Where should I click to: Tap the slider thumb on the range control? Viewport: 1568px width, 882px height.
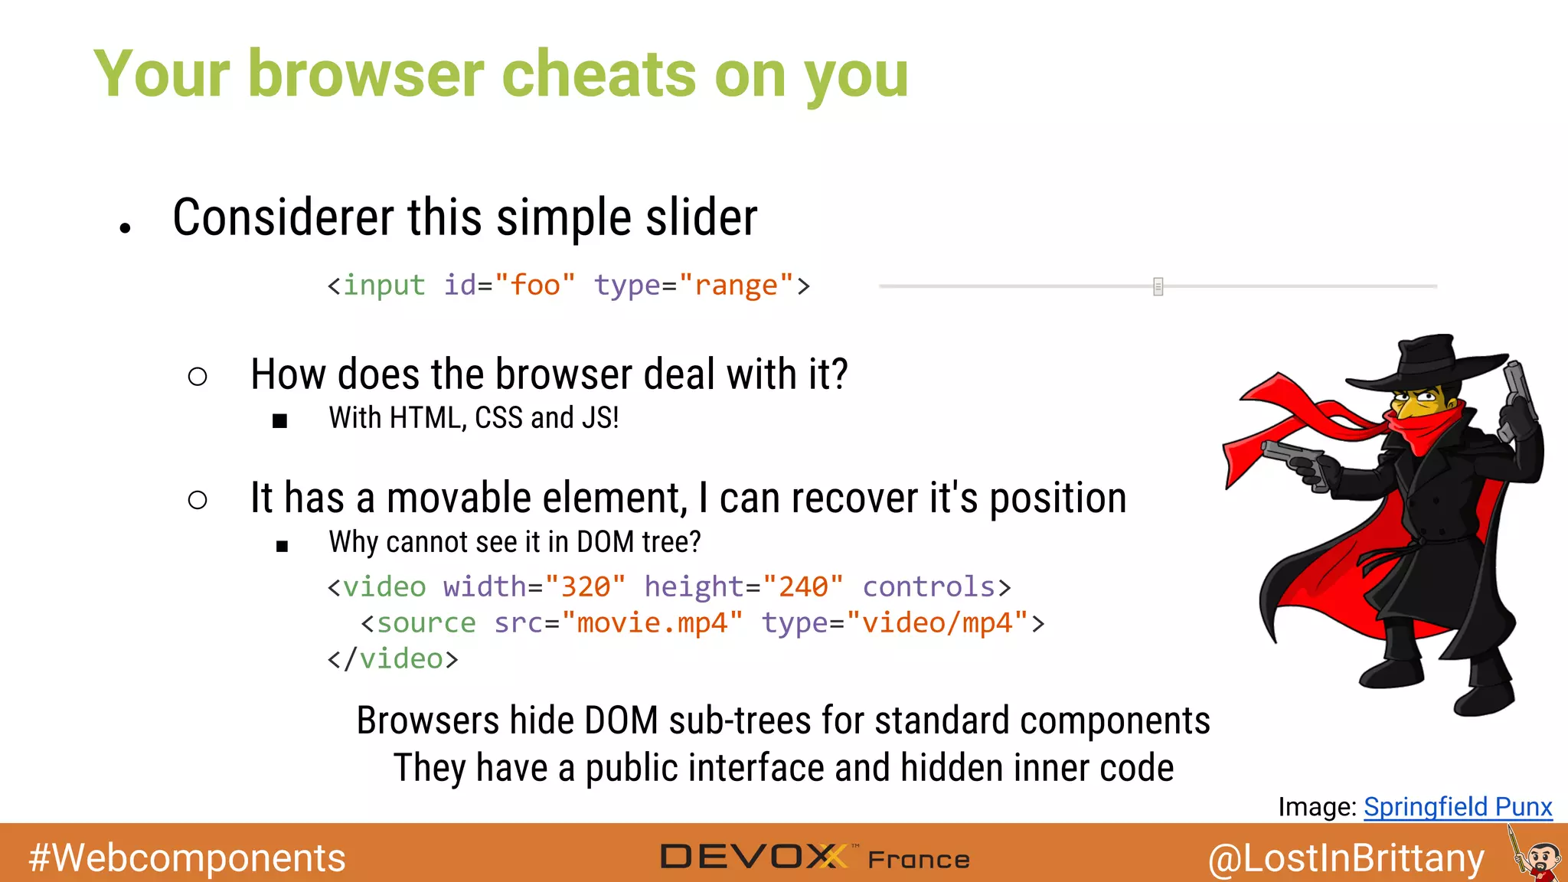point(1158,286)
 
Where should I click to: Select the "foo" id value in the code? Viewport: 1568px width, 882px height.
point(534,285)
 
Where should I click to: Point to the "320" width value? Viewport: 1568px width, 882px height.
point(586,586)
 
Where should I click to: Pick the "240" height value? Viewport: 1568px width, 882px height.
point(803,586)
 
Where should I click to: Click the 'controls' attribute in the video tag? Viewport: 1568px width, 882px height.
point(929,586)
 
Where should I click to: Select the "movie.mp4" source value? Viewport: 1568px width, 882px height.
point(652,622)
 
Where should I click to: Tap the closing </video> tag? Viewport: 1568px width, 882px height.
point(393,658)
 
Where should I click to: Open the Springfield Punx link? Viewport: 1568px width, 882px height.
point(1458,806)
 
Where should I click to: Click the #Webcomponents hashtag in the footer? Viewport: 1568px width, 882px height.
point(188,857)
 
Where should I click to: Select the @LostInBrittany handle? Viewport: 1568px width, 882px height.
point(1346,857)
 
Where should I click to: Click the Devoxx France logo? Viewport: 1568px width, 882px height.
point(815,857)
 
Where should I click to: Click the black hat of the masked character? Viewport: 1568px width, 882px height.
point(1425,364)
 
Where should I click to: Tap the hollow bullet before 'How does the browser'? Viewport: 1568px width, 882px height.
point(198,376)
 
